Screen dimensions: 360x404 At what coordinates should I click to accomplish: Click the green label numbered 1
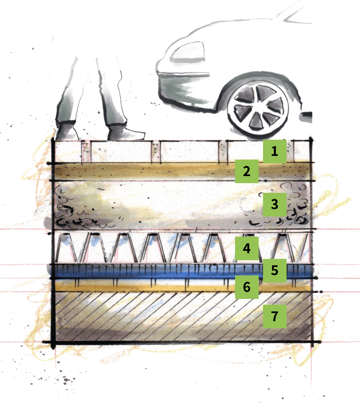tap(275, 151)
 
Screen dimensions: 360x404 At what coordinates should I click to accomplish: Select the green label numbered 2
tap(247, 171)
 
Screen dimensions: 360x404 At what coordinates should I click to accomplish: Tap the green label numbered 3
tap(275, 205)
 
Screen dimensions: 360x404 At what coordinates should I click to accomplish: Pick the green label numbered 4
tap(247, 248)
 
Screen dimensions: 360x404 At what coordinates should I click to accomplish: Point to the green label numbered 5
tap(275, 271)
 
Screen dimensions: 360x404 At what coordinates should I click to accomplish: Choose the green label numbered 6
tap(247, 287)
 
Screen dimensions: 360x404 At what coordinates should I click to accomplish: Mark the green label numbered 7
tap(275, 316)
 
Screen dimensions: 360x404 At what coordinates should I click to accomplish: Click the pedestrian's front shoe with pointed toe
tap(126, 132)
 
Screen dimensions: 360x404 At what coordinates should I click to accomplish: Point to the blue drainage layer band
tap(182, 271)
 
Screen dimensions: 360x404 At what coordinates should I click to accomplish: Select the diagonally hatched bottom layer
tap(183, 317)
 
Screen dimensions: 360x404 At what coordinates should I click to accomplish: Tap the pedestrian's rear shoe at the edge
tap(67, 132)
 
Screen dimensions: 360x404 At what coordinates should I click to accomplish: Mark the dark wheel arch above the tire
tap(259, 84)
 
